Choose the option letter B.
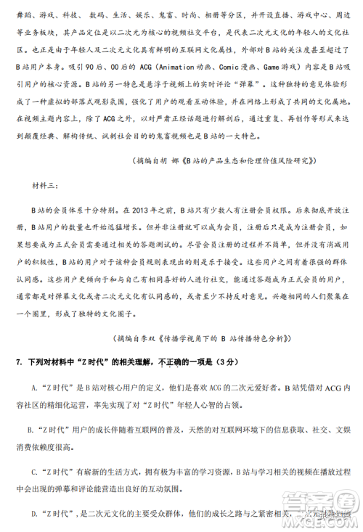30,430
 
